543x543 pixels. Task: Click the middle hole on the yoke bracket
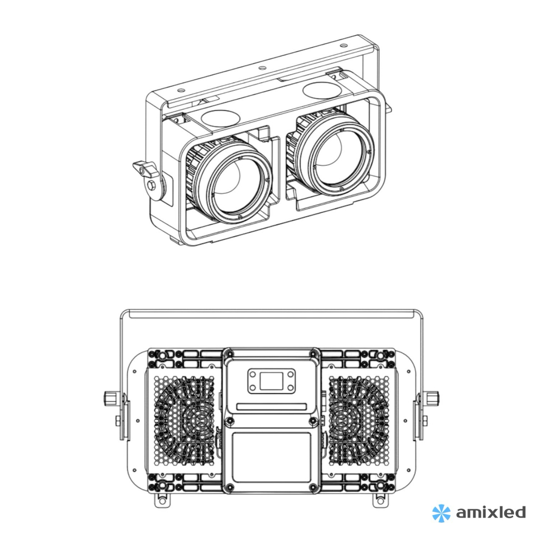coord(262,68)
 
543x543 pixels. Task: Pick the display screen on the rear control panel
coord(270,381)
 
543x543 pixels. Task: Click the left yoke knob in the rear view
coord(110,398)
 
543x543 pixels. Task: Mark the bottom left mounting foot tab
coord(161,499)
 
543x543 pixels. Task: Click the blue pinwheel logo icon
coord(441,512)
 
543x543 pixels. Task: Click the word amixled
coord(490,512)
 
